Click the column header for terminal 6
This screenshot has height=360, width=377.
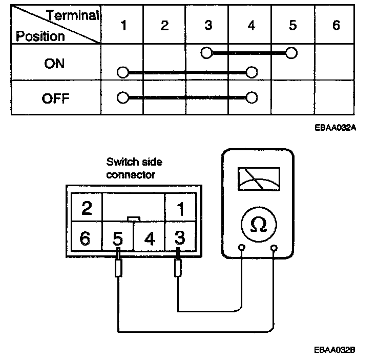[x=336, y=25]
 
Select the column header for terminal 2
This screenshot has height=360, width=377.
[x=164, y=25]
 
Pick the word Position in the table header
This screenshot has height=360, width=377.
[x=40, y=36]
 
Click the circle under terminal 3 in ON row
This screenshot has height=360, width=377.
[x=206, y=52]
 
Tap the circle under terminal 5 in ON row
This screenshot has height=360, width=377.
[x=291, y=52]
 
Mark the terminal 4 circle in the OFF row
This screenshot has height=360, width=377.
[x=250, y=97]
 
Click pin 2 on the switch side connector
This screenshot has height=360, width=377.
[x=87, y=208]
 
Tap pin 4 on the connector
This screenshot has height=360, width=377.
[x=149, y=239]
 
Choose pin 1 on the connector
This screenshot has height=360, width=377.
[x=180, y=208]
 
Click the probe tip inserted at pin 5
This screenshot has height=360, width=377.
[x=118, y=267]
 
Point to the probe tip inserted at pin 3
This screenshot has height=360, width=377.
[x=178, y=267]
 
